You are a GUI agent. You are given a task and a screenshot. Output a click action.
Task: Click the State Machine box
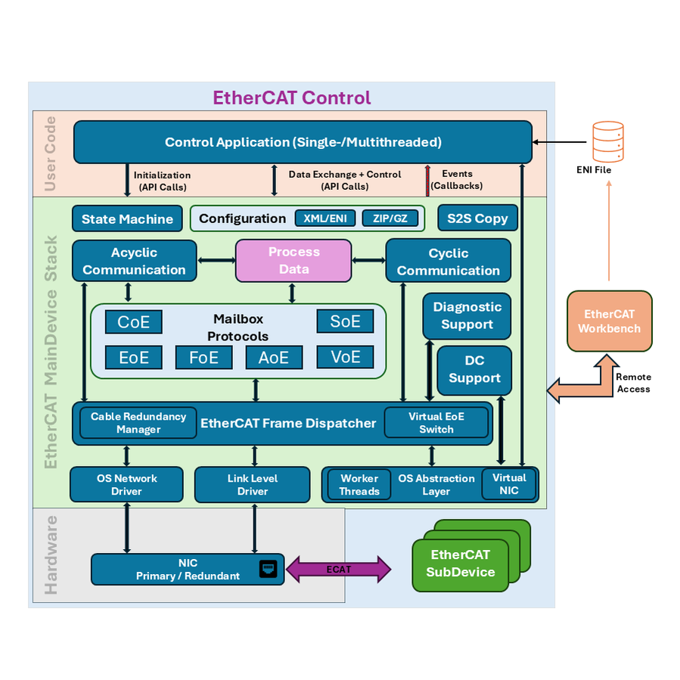[127, 219]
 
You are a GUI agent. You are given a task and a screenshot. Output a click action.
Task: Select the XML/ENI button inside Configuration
[324, 218]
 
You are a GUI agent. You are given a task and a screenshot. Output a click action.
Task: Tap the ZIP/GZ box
[390, 218]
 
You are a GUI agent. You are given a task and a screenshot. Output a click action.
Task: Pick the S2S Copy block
[477, 218]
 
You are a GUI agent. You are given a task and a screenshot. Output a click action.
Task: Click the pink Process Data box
[293, 261]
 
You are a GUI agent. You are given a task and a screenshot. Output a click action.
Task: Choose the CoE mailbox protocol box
[134, 321]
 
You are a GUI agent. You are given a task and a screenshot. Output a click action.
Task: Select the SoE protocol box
[345, 321]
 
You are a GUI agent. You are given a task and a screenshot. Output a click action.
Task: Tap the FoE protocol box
[203, 357]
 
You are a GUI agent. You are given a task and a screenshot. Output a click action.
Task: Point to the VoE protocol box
[345, 357]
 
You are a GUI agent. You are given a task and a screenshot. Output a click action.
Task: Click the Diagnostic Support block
[467, 315]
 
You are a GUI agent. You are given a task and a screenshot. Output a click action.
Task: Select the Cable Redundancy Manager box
[138, 423]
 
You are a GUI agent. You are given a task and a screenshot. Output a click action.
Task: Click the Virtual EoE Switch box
[436, 423]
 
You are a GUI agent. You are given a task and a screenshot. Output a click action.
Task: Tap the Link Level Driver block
[253, 485]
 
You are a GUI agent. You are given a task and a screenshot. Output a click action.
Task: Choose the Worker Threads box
[359, 485]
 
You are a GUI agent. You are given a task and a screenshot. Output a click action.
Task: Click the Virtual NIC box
[509, 484]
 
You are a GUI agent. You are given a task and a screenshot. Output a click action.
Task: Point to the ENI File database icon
[608, 141]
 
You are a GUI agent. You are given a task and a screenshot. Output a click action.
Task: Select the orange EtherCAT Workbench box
[610, 321]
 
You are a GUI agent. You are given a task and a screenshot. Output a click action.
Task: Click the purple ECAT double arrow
[338, 569]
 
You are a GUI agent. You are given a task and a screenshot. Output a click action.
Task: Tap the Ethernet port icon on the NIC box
[268, 569]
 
